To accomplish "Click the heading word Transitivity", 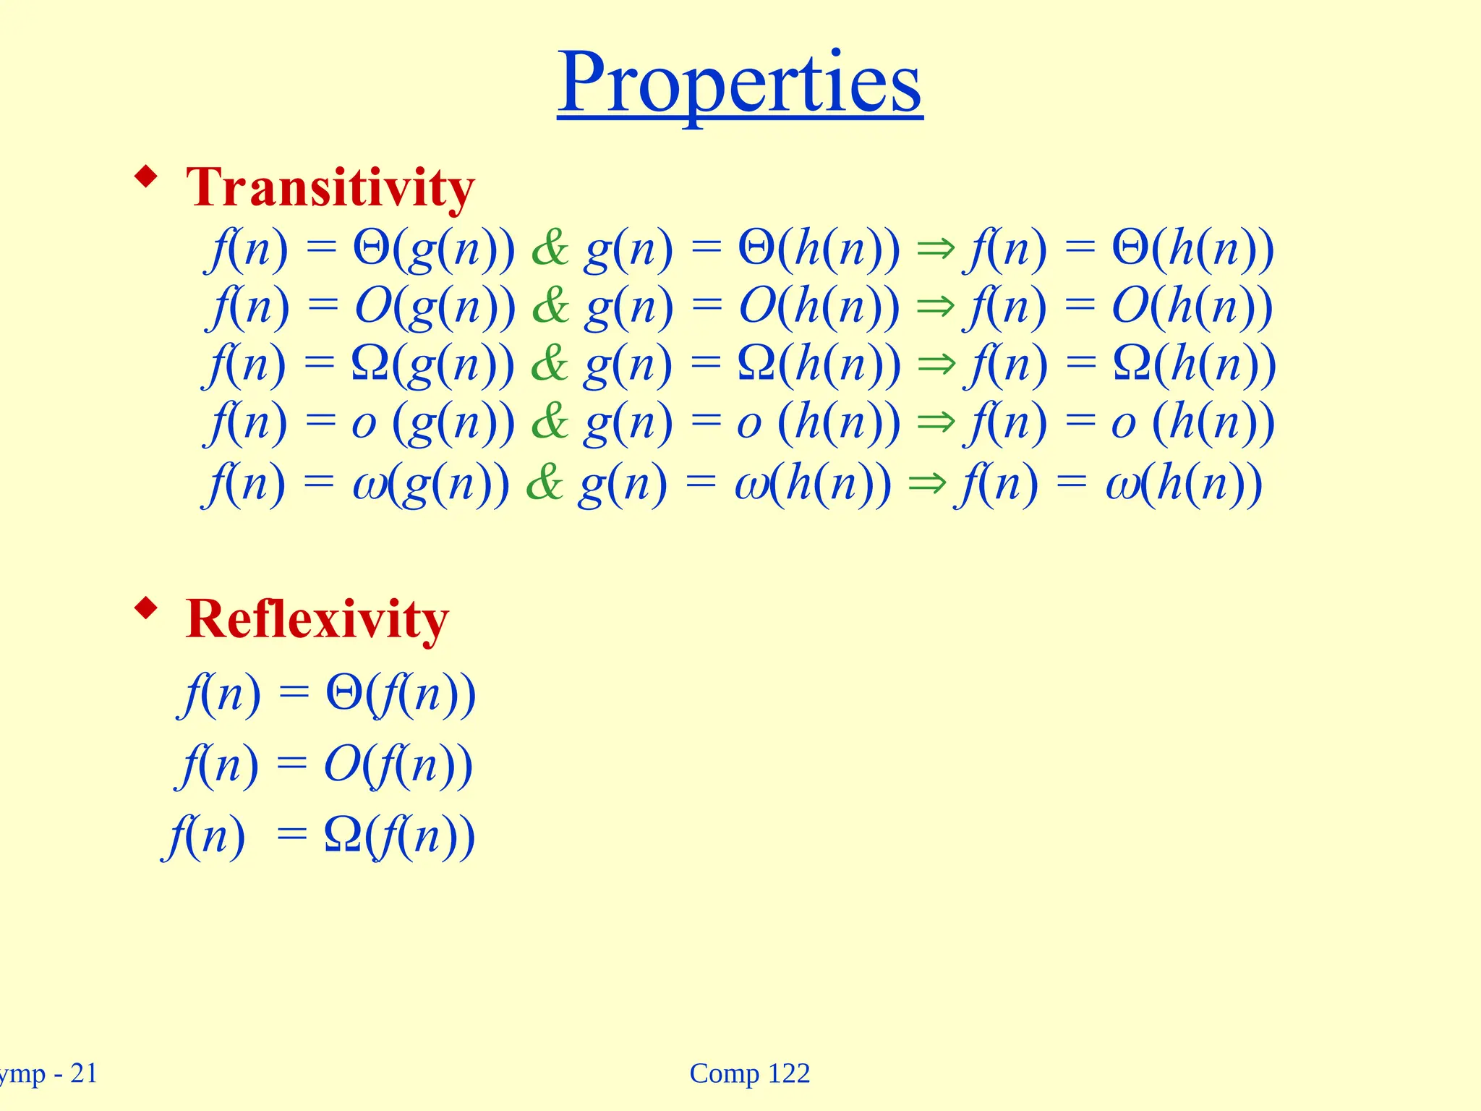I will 330,187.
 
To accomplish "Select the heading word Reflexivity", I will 317,619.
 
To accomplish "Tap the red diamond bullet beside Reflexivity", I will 146,608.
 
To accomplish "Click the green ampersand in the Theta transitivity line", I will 550,249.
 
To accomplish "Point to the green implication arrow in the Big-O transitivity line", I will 936,307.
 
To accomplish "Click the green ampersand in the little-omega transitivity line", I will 545,484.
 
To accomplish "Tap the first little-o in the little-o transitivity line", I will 364,425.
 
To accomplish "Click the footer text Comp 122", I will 750,1073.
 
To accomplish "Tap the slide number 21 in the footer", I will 83,1073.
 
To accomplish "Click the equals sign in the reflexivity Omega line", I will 292,837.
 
